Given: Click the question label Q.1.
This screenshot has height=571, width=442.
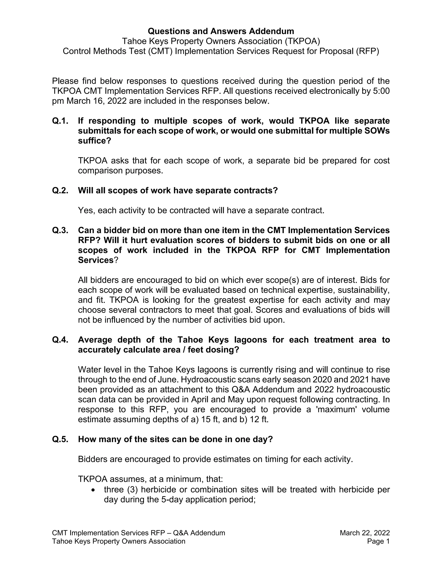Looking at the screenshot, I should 60,121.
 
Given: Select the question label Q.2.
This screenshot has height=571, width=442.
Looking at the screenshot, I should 60,191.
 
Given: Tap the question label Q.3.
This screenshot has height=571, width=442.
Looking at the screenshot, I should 60,230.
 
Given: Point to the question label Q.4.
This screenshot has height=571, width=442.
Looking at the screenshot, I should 60,340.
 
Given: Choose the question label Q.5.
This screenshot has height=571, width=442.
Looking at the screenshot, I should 60,439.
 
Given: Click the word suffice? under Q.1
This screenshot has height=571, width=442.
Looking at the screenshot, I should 95,141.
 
